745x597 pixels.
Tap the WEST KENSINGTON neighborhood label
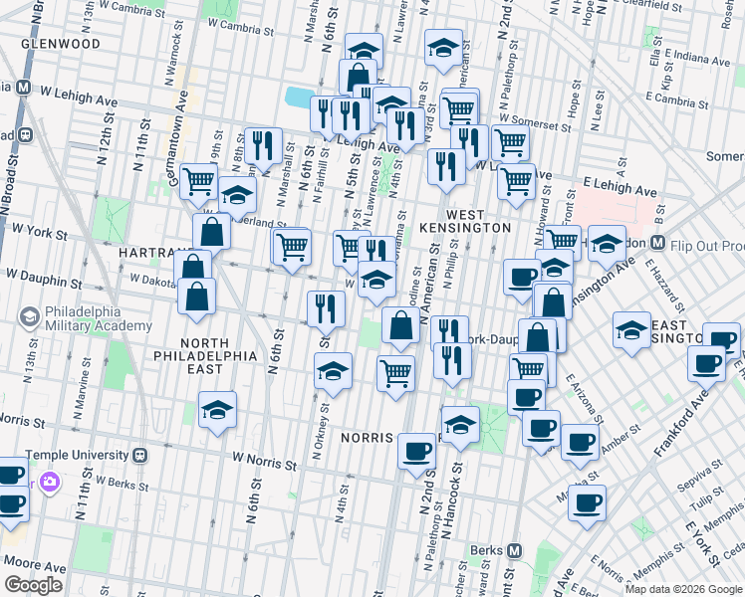pyautogui.click(x=465, y=221)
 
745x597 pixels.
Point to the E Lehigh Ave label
pyautogui.click(x=621, y=188)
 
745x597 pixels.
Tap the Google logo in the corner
pyautogui.click(x=34, y=585)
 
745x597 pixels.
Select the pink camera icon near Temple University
pyautogui.click(x=49, y=484)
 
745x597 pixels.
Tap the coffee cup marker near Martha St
pyautogui.click(x=588, y=502)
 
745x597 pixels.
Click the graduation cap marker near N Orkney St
pyautogui.click(x=333, y=373)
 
